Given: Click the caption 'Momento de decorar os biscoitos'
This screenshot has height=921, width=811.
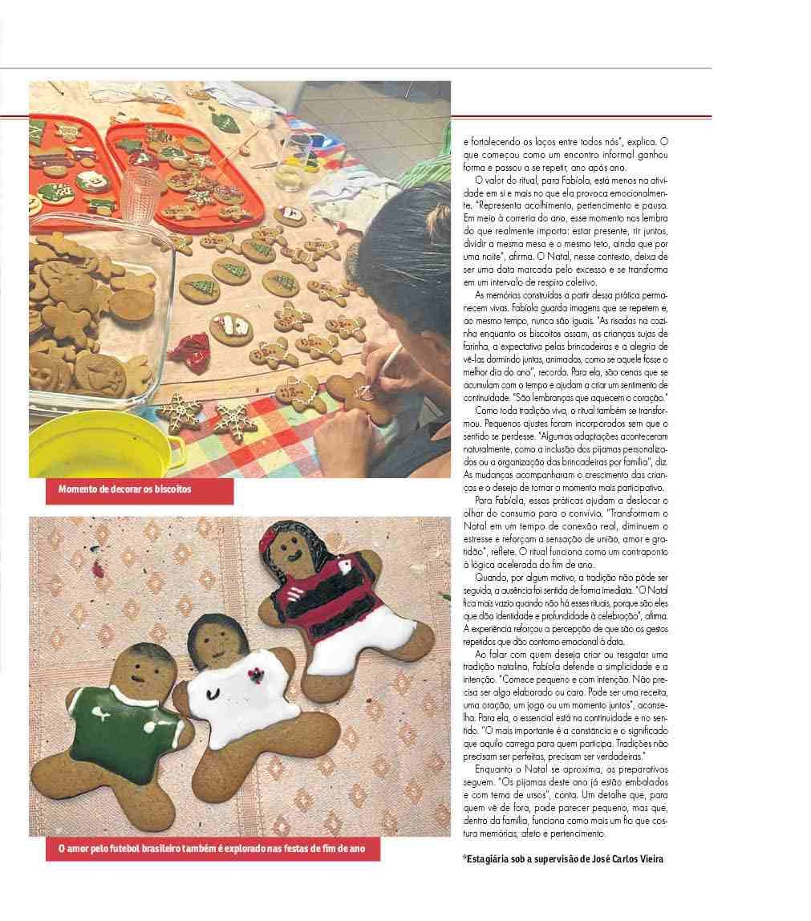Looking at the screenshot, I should coord(125,489).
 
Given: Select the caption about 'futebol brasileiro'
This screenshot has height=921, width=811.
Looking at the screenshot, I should coord(205,848).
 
